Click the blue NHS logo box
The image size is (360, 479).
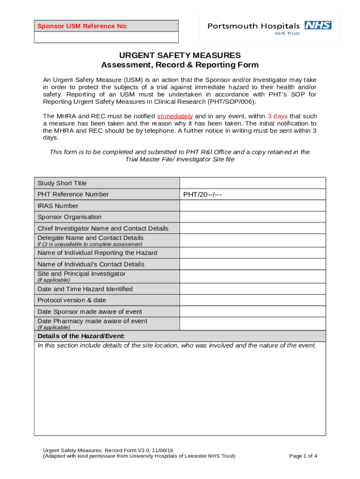[318, 25]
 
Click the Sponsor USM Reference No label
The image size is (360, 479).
[83, 26]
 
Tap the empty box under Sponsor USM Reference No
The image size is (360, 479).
[106, 37]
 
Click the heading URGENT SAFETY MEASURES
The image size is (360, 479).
[180, 55]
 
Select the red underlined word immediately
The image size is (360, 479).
[175, 116]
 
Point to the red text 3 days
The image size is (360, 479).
[277, 116]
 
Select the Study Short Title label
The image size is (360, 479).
[62, 183]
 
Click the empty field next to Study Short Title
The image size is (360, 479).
[252, 183]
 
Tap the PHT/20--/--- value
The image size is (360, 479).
[202, 195]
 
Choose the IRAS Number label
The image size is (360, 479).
[58, 206]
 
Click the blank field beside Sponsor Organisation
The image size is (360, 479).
[252, 217]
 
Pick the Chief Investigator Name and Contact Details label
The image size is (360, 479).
[103, 228]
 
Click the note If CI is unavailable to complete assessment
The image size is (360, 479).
[90, 244]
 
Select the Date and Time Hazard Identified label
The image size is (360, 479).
[85, 289]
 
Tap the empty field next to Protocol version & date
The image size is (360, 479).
[252, 300]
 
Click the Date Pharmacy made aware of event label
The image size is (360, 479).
[92, 321]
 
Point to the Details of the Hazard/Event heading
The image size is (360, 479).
[81, 336]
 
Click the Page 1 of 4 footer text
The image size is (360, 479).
[303, 456]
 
